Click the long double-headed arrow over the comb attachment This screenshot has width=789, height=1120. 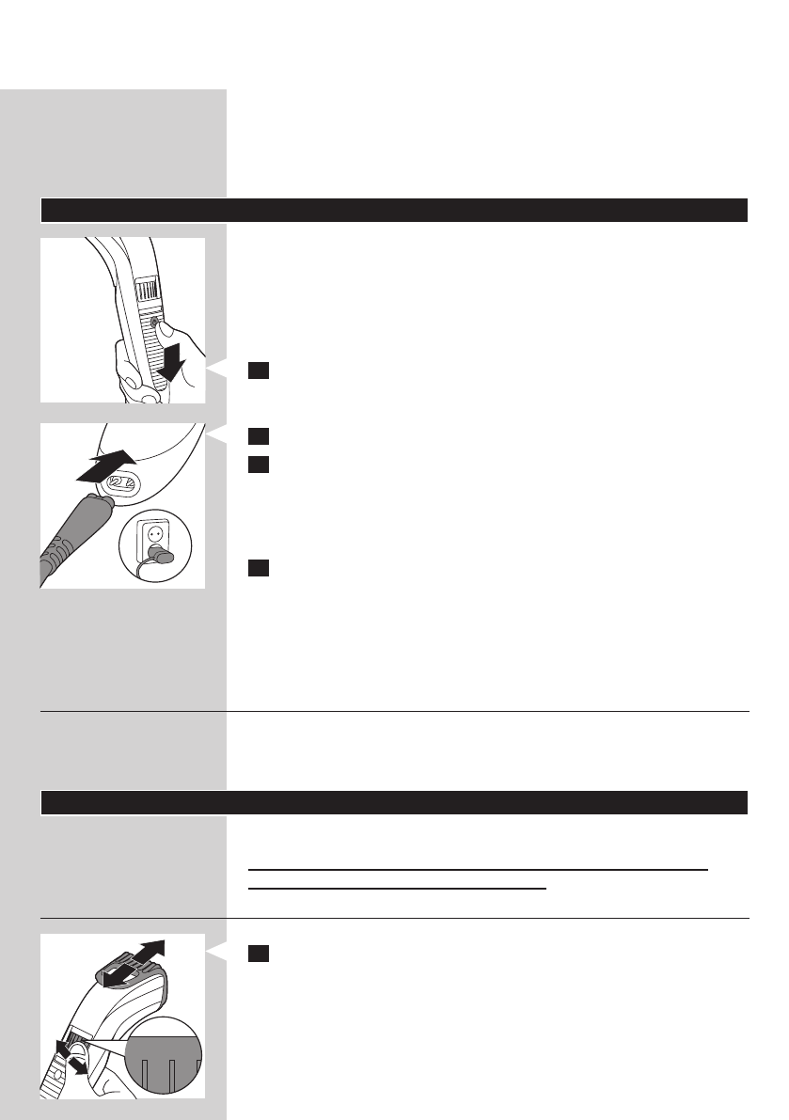point(133,965)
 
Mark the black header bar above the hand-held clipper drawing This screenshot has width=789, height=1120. point(394,210)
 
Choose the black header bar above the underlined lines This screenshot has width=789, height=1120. point(394,802)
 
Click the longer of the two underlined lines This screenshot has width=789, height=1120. point(477,870)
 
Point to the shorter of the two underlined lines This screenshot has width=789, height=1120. point(397,887)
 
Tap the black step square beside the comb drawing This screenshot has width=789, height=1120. point(258,954)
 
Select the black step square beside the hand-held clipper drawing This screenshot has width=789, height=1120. point(258,371)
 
